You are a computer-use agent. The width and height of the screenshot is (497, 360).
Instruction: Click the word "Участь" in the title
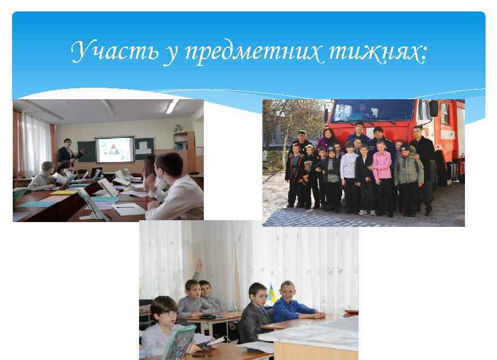click(113, 53)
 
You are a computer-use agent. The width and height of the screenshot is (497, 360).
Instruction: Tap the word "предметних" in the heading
click(242, 54)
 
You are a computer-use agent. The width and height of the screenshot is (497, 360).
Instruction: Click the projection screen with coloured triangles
click(115, 149)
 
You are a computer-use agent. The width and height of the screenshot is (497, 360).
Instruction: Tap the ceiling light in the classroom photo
click(171, 106)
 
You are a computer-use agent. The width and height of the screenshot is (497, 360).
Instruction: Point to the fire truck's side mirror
click(434, 108)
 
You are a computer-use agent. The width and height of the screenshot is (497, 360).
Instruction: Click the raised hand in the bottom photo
click(198, 266)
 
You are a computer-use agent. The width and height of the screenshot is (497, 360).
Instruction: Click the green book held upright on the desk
click(179, 342)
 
